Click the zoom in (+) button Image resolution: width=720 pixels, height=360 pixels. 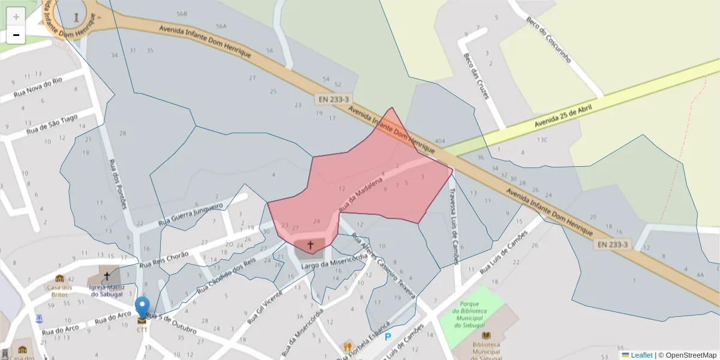16,16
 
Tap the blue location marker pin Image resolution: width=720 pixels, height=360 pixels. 142,307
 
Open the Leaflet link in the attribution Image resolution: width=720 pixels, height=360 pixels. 641,355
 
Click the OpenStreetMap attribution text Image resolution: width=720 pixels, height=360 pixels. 687,355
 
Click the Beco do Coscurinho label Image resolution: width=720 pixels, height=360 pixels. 548,40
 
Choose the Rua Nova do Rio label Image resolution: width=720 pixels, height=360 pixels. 38,87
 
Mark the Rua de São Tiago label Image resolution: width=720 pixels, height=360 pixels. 53,124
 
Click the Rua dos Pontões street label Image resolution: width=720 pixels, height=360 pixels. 118,184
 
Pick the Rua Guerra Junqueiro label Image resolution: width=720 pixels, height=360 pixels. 190,215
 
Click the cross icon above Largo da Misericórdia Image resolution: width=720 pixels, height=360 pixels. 310,245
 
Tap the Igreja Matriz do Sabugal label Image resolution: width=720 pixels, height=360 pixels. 106,290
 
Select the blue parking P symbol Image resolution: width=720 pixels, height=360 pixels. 388,337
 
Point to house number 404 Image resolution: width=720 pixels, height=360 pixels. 440,140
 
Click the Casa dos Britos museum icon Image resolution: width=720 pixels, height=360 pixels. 59,278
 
